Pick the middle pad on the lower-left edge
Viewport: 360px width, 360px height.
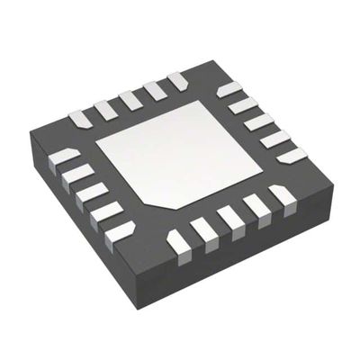[90, 193]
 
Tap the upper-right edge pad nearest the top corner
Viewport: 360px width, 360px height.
[229, 88]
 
